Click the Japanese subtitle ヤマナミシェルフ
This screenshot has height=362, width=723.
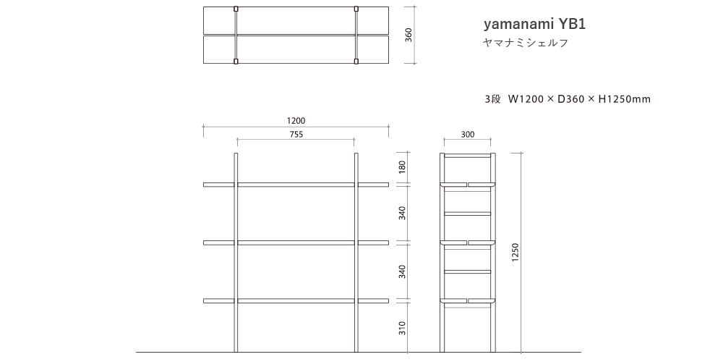[x=526, y=43]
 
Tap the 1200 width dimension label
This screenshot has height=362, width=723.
[x=296, y=121]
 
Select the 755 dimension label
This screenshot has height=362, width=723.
[x=296, y=134]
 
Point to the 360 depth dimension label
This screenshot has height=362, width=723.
[x=408, y=35]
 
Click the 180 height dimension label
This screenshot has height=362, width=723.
[x=403, y=168]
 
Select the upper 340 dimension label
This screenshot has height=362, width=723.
[x=403, y=213]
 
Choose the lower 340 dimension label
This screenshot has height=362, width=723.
[x=403, y=271]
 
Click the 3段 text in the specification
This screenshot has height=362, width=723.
[x=492, y=99]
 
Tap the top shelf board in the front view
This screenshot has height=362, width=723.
[x=296, y=184]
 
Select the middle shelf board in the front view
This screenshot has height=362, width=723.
[x=296, y=242]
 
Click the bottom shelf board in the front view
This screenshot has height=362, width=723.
[x=296, y=300]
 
